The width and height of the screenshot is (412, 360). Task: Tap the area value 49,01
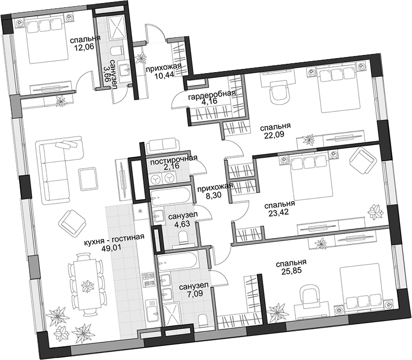(x=112, y=247)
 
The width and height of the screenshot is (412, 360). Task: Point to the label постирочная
(x=174, y=159)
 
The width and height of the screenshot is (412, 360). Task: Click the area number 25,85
(x=291, y=271)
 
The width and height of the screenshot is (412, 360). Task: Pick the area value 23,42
(x=279, y=212)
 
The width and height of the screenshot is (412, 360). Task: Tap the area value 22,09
(x=274, y=134)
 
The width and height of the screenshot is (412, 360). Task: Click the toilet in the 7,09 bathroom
(x=202, y=321)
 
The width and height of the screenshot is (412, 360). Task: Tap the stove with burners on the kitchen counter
(x=148, y=279)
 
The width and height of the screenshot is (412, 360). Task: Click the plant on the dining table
(x=87, y=286)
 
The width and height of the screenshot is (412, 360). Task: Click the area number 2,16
(x=172, y=166)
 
